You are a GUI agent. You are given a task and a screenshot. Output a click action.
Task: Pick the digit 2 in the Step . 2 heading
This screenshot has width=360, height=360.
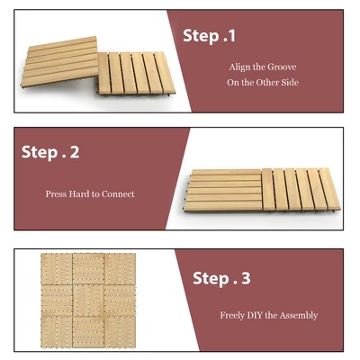(x=75, y=152)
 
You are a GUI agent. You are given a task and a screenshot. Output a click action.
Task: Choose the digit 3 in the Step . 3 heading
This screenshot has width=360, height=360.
(x=245, y=278)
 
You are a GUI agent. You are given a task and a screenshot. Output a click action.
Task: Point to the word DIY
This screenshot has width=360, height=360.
(x=261, y=316)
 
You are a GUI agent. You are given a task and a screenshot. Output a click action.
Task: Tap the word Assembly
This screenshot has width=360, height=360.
(x=300, y=316)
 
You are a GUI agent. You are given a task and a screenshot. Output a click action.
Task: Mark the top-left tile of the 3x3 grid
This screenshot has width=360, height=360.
(x=56, y=267)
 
